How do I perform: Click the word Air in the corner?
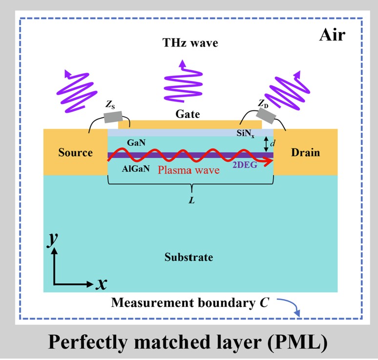click(x=333, y=35)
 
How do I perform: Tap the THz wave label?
click(x=190, y=43)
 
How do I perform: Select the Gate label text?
click(x=190, y=114)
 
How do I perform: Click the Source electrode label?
click(x=75, y=152)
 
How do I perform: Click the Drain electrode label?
click(x=305, y=152)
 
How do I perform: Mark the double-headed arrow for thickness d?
click(x=266, y=143)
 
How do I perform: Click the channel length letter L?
click(x=191, y=200)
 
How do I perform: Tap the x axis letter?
click(x=102, y=283)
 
